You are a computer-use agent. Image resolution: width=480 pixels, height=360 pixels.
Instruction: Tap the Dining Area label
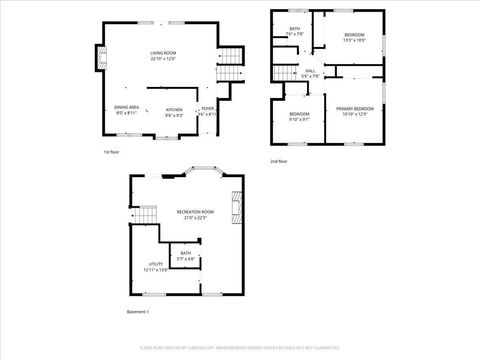[x=127, y=110]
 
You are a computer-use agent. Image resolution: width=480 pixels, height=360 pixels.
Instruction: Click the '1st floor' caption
[x=112, y=152]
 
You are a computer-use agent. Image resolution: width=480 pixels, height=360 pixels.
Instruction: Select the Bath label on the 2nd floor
[x=295, y=32]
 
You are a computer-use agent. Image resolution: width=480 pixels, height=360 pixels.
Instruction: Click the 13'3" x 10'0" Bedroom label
[x=354, y=38]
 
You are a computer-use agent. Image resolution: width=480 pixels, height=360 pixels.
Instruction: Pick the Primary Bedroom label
[x=354, y=110]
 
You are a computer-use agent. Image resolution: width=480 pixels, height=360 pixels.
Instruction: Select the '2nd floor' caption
[x=279, y=160]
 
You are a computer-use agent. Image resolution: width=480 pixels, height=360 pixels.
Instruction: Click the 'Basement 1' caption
[x=137, y=312]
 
